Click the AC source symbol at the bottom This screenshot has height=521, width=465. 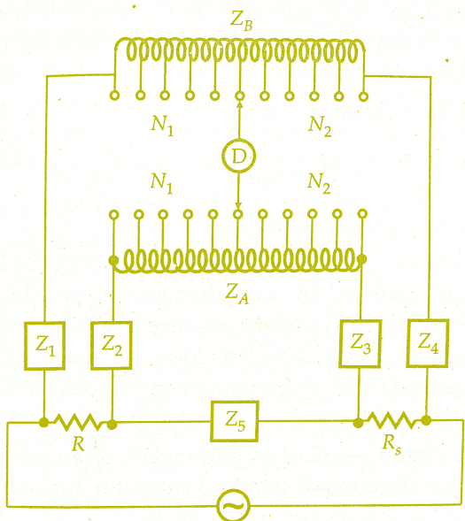tap(233, 505)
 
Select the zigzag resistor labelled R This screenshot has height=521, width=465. tap(78, 422)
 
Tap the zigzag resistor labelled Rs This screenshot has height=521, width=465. tap(391, 420)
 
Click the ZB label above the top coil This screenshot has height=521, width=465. tap(241, 21)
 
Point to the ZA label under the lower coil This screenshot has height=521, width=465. tap(236, 294)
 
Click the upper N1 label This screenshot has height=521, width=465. tap(162, 126)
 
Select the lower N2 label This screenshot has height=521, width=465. tap(319, 183)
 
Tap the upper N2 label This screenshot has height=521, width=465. tap(320, 126)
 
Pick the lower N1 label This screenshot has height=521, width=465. tap(162, 183)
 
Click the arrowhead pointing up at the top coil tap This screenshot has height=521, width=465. tap(239, 105)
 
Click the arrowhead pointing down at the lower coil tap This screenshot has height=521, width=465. tap(238, 206)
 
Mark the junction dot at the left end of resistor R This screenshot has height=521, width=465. tap(43, 422)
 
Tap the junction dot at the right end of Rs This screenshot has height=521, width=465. tap(426, 420)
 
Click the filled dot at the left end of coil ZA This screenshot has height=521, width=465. tap(113, 260)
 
